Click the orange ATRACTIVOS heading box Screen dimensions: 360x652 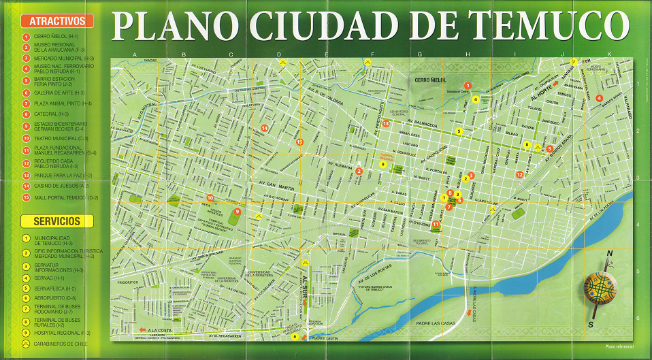[57, 21]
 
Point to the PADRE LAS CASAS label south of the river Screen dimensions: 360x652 [432, 323]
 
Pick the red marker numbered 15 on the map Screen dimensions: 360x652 [299, 142]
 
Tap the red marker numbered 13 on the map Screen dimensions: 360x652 [385, 123]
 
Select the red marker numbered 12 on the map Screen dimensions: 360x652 [519, 174]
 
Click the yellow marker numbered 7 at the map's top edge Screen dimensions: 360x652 [574, 62]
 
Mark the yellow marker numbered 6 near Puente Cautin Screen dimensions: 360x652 [295, 336]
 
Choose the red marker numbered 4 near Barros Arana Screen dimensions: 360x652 [599, 98]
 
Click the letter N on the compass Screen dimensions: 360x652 [610, 253]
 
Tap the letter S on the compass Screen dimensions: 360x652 [590, 325]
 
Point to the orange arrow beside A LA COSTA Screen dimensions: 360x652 [143, 329]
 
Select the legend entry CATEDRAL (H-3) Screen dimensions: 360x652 [51, 114]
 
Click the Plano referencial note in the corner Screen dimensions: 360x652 [619, 348]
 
